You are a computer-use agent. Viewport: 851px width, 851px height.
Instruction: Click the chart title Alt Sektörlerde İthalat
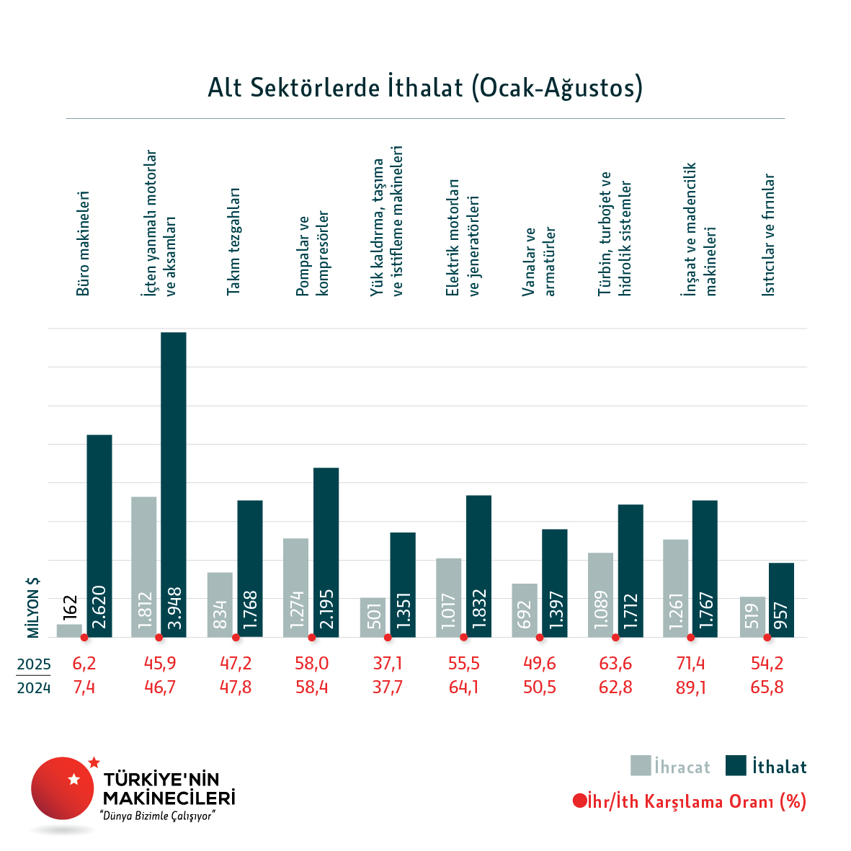(x=425, y=88)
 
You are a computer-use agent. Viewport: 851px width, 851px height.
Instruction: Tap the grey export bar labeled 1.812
(x=144, y=566)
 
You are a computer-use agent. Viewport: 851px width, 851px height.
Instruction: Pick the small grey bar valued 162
(x=69, y=631)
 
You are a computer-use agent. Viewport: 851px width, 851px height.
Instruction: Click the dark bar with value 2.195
(x=326, y=552)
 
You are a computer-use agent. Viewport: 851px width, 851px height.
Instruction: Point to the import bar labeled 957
(x=781, y=600)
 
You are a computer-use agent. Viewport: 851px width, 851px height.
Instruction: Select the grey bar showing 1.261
(x=675, y=588)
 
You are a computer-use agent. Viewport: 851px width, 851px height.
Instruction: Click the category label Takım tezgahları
(x=233, y=241)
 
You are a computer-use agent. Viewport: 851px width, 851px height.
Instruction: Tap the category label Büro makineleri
(x=84, y=244)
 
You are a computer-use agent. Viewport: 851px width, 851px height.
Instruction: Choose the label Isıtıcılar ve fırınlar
(x=769, y=235)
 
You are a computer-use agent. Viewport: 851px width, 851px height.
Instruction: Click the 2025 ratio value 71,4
(x=690, y=664)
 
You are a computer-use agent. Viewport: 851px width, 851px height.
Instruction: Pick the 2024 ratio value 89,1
(x=690, y=687)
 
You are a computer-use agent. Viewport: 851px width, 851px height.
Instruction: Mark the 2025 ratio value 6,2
(x=84, y=664)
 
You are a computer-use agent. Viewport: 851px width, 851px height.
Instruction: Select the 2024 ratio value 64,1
(x=463, y=687)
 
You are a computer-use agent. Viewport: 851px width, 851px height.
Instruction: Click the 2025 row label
(x=34, y=664)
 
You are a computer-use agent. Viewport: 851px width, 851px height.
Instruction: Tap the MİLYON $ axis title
(x=33, y=607)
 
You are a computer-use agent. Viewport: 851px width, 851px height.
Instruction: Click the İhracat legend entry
(x=670, y=767)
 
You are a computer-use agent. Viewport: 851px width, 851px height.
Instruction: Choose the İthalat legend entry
(x=766, y=767)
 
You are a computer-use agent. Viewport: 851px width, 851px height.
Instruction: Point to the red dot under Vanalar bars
(x=539, y=638)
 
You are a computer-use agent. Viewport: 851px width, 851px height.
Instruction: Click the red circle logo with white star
(x=63, y=788)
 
